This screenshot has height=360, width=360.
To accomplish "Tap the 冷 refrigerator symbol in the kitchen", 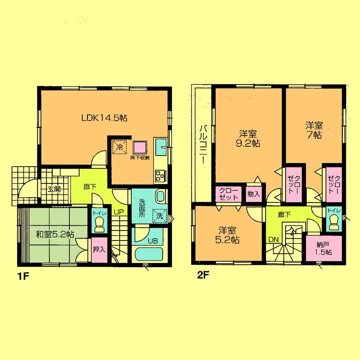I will point(120,147).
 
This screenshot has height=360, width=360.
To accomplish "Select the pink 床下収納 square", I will point(140,147).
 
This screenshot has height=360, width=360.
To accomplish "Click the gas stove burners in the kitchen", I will point(161,175).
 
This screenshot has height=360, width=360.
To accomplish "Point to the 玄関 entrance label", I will point(54,189).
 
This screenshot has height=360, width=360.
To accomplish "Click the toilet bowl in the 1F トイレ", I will point(98,226).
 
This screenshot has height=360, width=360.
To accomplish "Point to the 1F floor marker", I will point(22,276).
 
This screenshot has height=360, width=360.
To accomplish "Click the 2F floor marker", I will point(203,275).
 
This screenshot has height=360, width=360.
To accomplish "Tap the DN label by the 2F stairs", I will point(273,240).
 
